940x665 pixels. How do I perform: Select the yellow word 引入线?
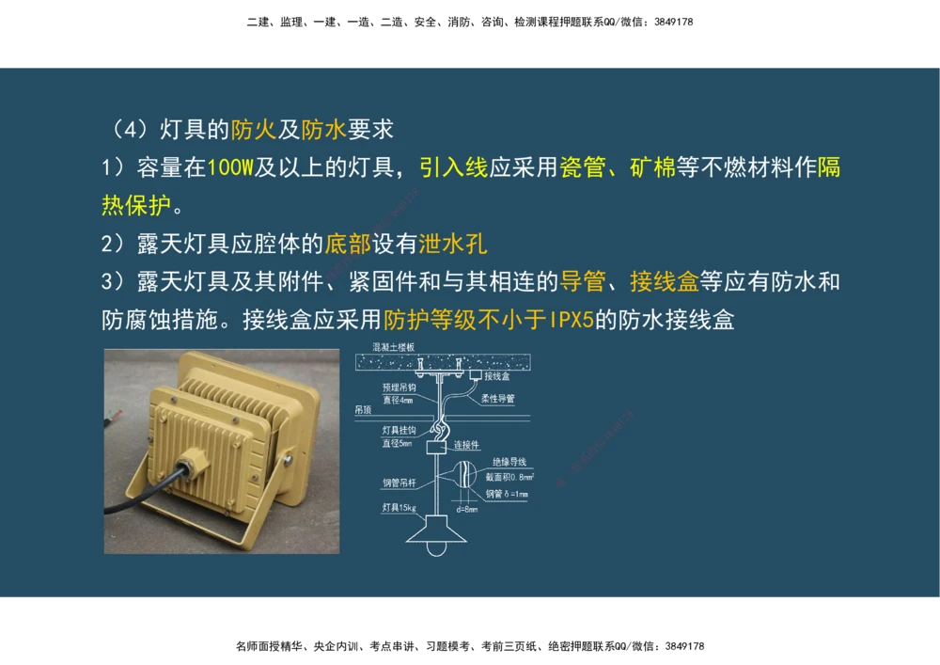[453, 168]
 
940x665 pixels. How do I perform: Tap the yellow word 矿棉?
[652, 168]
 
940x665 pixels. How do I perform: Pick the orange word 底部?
[347, 245]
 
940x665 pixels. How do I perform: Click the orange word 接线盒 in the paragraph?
[664, 281]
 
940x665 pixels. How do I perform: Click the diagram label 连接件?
[467, 445]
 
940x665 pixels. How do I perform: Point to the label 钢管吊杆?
[399, 483]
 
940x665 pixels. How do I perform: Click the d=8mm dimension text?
[466, 510]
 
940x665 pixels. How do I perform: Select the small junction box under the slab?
[475, 374]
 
